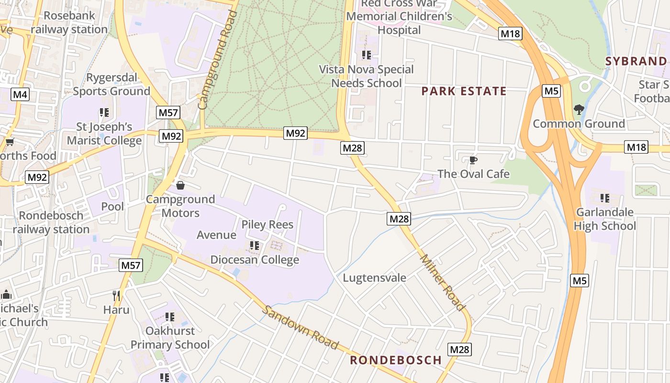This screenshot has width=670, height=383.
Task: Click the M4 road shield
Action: click(x=20, y=94)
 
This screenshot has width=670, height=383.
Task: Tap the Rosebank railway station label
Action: click(x=69, y=23)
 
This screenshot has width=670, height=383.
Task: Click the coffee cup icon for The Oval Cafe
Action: click(x=473, y=160)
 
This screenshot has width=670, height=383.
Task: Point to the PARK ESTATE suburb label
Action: click(x=464, y=91)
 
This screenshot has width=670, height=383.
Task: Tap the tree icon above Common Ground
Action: click(x=579, y=110)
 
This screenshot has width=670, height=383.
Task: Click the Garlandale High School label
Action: click(x=605, y=219)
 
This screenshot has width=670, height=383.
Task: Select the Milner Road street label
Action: click(x=443, y=282)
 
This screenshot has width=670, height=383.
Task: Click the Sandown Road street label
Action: click(x=300, y=327)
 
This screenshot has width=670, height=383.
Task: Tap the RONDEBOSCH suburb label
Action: click(x=396, y=360)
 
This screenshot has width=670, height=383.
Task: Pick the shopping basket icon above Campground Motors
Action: click(x=180, y=185)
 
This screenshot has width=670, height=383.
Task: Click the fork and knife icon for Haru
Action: click(x=116, y=295)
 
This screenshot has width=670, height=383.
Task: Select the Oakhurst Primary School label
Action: click(x=170, y=338)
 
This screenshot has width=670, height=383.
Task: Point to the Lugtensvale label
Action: click(x=375, y=278)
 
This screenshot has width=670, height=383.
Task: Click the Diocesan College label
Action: click(x=255, y=260)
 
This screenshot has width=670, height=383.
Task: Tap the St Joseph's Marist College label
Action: click(x=104, y=134)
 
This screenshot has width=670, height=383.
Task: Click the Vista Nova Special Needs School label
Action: click(x=367, y=76)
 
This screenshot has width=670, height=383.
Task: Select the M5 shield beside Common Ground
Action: click(x=551, y=91)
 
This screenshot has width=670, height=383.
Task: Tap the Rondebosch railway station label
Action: click(x=51, y=222)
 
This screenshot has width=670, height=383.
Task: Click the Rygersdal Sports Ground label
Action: click(x=112, y=84)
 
